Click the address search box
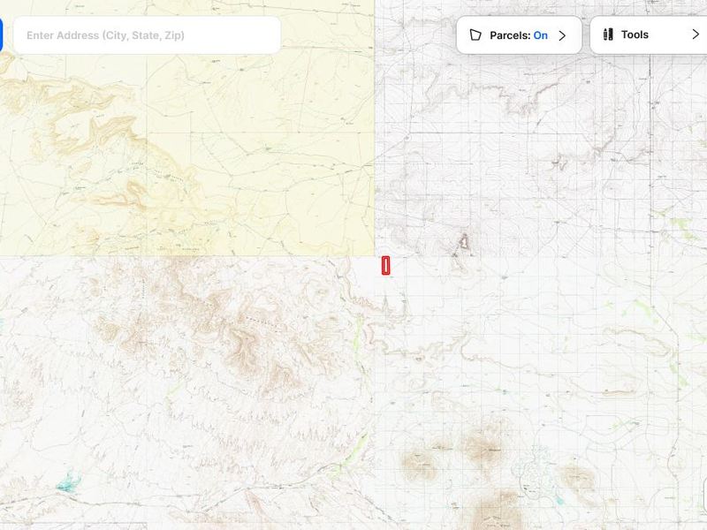click(147, 35)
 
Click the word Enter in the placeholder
click(40, 36)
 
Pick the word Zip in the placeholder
click(174, 36)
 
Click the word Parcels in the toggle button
click(510, 35)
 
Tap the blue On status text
click(540, 35)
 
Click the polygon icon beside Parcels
click(475, 35)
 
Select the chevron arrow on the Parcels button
click(562, 35)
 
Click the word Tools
click(635, 34)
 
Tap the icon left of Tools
click(608, 34)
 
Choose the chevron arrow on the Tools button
click(695, 34)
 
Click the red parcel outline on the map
click(385, 265)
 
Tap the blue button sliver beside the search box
click(2, 35)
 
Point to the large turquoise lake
click(65, 484)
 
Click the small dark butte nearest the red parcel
click(463, 240)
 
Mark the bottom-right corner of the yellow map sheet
click(374, 256)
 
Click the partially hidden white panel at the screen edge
click(704, 496)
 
